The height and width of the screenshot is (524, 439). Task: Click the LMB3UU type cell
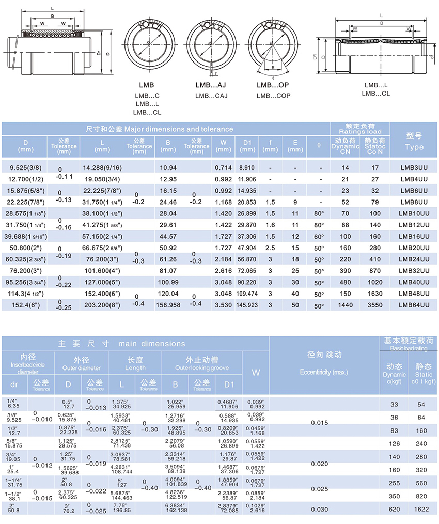point(414,168)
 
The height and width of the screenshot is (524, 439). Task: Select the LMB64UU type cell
point(414,305)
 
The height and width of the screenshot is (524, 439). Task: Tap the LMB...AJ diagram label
point(211,85)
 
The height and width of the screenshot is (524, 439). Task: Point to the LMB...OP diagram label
point(273,85)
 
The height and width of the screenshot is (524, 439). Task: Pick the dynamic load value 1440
point(345,305)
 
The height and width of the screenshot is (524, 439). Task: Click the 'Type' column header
point(414,147)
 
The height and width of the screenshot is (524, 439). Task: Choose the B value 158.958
point(168,305)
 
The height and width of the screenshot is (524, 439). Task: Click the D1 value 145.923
point(247,305)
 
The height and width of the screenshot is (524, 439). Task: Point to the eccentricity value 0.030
point(320,509)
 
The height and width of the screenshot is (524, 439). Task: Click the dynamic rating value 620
point(395,509)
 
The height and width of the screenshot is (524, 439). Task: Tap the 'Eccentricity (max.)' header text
point(324,372)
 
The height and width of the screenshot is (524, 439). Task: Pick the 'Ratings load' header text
point(360,132)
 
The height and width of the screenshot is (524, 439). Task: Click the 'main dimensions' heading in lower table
point(121,343)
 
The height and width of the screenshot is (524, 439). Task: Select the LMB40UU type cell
point(414,282)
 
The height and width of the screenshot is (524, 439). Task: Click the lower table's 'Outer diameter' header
point(81,368)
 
